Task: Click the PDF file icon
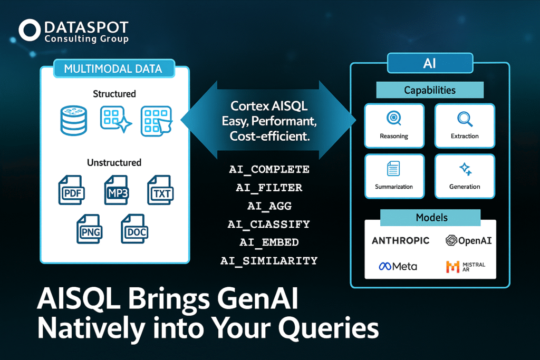click(72, 190)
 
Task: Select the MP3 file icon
click(117, 190)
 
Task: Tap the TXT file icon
click(160, 190)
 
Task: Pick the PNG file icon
click(89, 229)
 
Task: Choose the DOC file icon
click(134, 229)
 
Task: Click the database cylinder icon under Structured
click(74, 121)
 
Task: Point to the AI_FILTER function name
click(269, 188)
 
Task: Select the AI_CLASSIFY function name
click(268, 225)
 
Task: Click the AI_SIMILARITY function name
click(269, 260)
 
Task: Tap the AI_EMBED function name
click(269, 242)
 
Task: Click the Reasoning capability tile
click(394, 126)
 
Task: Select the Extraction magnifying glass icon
click(465, 119)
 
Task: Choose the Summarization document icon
click(393, 168)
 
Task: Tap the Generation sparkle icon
click(466, 169)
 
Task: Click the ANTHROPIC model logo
click(401, 240)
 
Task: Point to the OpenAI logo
click(468, 240)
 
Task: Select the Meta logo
click(398, 266)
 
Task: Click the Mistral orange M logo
click(452, 267)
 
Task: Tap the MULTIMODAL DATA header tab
click(114, 69)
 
